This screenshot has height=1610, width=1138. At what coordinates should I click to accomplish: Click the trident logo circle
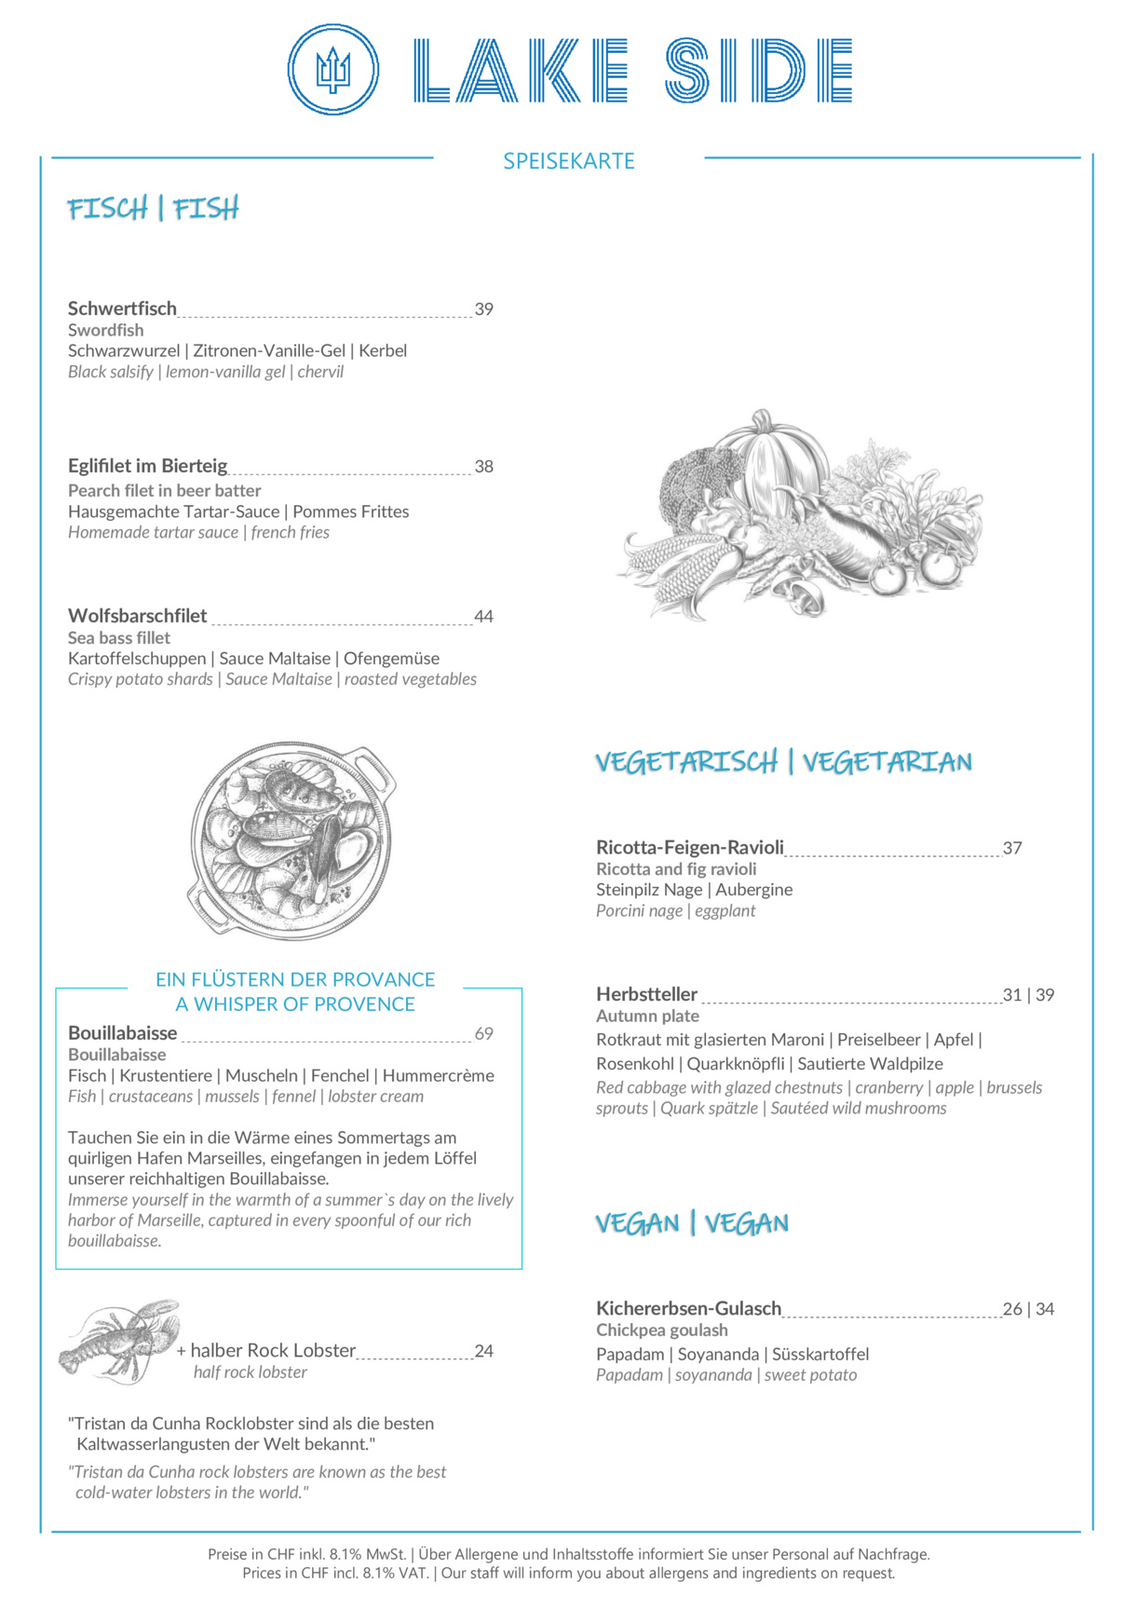pos(332,70)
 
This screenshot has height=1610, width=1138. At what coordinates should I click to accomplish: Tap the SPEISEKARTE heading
pos(568,161)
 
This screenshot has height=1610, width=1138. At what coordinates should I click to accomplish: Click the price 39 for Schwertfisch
pos(483,309)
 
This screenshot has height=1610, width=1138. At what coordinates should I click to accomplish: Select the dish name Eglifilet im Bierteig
pos(147,466)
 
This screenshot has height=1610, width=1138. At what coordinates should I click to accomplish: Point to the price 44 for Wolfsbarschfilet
pos(483,616)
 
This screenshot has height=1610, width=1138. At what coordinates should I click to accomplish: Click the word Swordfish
pos(105,330)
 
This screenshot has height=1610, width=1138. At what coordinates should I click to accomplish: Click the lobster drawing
pos(119,1342)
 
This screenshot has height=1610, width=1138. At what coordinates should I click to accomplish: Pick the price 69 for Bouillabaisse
pos(483,1033)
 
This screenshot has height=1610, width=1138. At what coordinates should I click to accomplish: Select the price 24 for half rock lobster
pos(483,1351)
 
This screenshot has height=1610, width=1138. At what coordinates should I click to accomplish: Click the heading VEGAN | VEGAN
pos(692,1223)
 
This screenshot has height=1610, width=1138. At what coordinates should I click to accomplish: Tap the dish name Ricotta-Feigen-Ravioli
pos(689,847)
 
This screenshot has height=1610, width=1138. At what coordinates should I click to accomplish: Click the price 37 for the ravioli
pos(1012,848)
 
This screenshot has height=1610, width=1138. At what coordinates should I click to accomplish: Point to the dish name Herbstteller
pos(646,994)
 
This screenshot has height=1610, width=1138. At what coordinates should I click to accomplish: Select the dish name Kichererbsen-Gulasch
pos(688,1308)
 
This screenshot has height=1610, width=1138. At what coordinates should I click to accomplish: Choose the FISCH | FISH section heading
pos(153,209)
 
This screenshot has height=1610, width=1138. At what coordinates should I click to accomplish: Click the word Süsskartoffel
pos(820,1354)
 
